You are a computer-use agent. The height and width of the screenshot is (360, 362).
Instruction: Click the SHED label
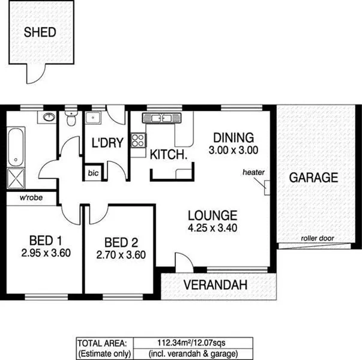click(x=40, y=32)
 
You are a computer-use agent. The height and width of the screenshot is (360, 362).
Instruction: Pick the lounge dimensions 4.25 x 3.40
click(x=212, y=228)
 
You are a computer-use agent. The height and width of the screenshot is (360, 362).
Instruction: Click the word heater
click(x=253, y=172)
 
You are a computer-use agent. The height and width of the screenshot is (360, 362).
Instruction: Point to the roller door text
click(x=318, y=238)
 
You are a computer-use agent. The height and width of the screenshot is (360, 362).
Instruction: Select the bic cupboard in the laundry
click(x=92, y=173)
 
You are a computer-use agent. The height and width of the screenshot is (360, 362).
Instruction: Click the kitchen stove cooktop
click(x=138, y=140)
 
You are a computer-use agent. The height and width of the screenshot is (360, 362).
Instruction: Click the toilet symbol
click(x=71, y=118)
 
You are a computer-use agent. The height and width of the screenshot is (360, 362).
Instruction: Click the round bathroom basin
click(x=47, y=116)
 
